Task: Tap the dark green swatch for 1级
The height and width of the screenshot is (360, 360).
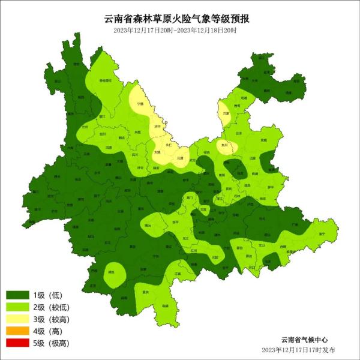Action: click(17, 295)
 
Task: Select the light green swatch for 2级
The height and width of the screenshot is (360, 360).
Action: click(17, 307)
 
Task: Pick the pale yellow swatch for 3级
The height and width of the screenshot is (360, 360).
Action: click(17, 319)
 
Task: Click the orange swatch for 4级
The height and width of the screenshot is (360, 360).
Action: click(17, 331)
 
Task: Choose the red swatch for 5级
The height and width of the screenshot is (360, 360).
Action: click(17, 343)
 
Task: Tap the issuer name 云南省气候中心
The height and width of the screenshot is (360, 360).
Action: click(304, 339)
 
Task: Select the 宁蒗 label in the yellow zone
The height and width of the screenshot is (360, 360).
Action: click(140, 104)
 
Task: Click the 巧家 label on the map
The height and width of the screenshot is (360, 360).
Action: click(226, 113)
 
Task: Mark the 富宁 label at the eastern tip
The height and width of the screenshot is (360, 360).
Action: click(322, 233)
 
